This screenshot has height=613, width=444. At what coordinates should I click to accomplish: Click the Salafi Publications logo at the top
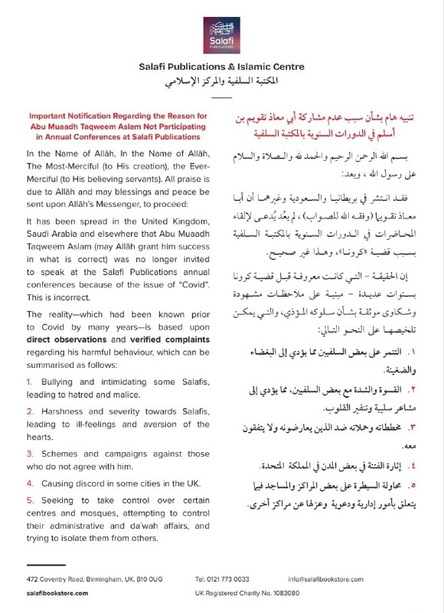(221, 33)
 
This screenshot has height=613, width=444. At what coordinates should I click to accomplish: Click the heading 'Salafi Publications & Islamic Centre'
(221, 67)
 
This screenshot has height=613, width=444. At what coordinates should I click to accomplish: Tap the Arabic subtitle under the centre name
(221, 81)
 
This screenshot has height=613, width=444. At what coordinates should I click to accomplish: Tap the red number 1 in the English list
(29, 381)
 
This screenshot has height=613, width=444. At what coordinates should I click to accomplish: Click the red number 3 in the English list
(29, 454)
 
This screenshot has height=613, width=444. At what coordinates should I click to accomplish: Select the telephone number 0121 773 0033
(221, 578)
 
